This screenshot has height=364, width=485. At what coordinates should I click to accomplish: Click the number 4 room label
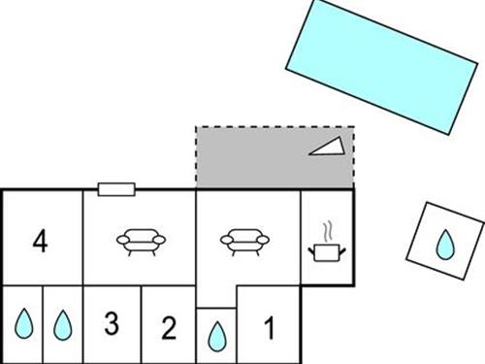point(40,240)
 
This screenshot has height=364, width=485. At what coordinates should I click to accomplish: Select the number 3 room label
point(112,324)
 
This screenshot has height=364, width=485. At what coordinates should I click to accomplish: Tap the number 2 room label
point(169,327)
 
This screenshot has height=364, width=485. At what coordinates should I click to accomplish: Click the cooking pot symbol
point(327,252)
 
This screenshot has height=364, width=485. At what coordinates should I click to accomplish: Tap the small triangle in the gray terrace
point(327,147)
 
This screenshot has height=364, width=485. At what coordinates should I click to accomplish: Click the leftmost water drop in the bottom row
point(21,323)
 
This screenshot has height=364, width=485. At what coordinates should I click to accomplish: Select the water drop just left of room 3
point(62,323)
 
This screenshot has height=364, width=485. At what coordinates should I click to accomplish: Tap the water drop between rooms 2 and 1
point(216,336)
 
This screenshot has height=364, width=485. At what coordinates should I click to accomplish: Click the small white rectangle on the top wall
point(115,189)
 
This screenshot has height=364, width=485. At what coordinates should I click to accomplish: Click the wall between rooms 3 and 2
point(142,324)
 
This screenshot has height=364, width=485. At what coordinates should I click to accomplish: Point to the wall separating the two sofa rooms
point(197,238)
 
